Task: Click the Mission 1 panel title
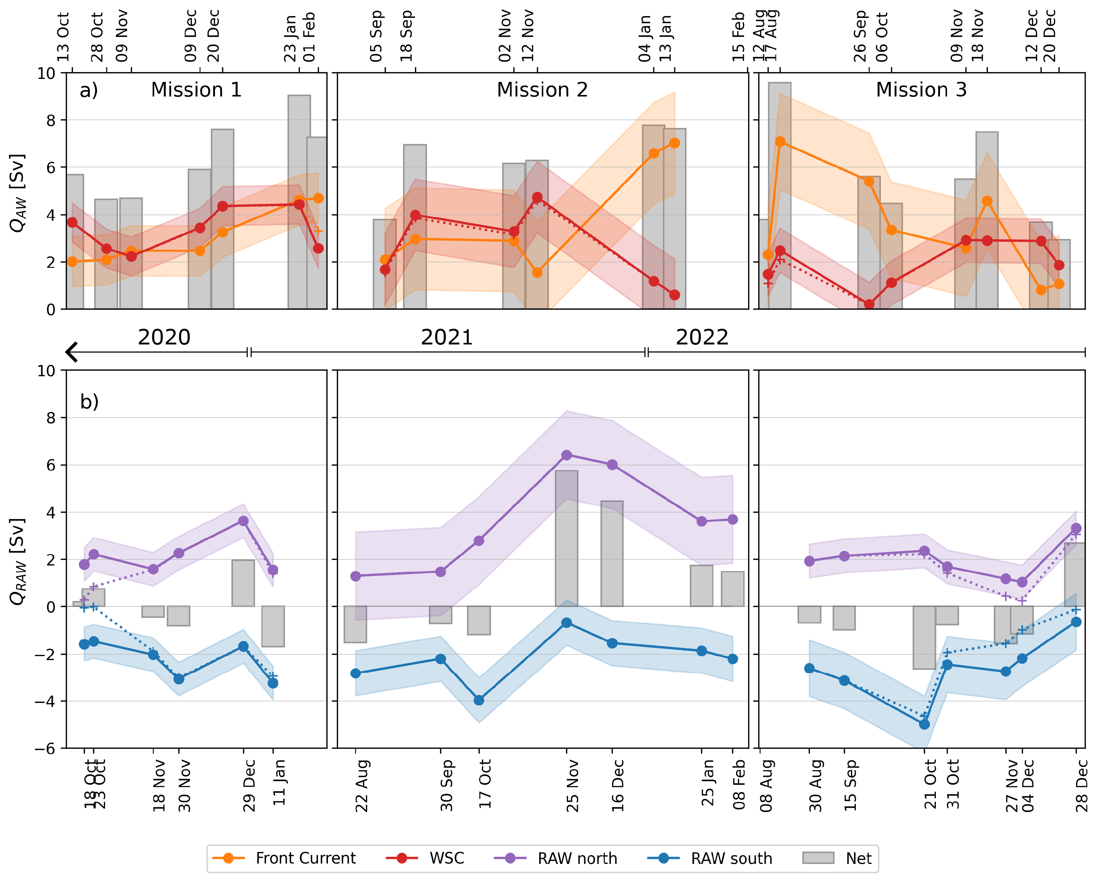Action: [196, 90]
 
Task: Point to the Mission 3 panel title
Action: [921, 90]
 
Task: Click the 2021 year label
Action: [447, 337]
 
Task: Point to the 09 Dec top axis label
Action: [190, 36]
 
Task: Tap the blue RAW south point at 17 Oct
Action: [479, 700]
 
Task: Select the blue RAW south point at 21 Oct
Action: [925, 724]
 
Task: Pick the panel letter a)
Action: [89, 91]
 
